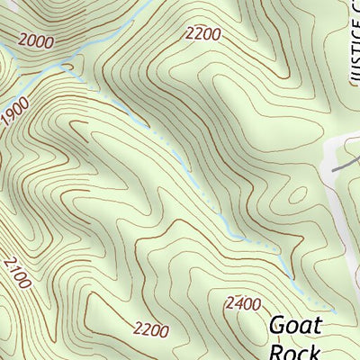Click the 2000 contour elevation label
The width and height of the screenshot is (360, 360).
click(35, 40)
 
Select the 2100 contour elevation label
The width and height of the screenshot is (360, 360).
click(17, 272)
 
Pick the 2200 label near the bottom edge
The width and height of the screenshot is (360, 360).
click(150, 329)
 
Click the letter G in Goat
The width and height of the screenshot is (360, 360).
click(280, 325)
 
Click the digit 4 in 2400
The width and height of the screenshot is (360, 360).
click(239, 303)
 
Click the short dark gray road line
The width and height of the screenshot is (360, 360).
click(342, 165)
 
